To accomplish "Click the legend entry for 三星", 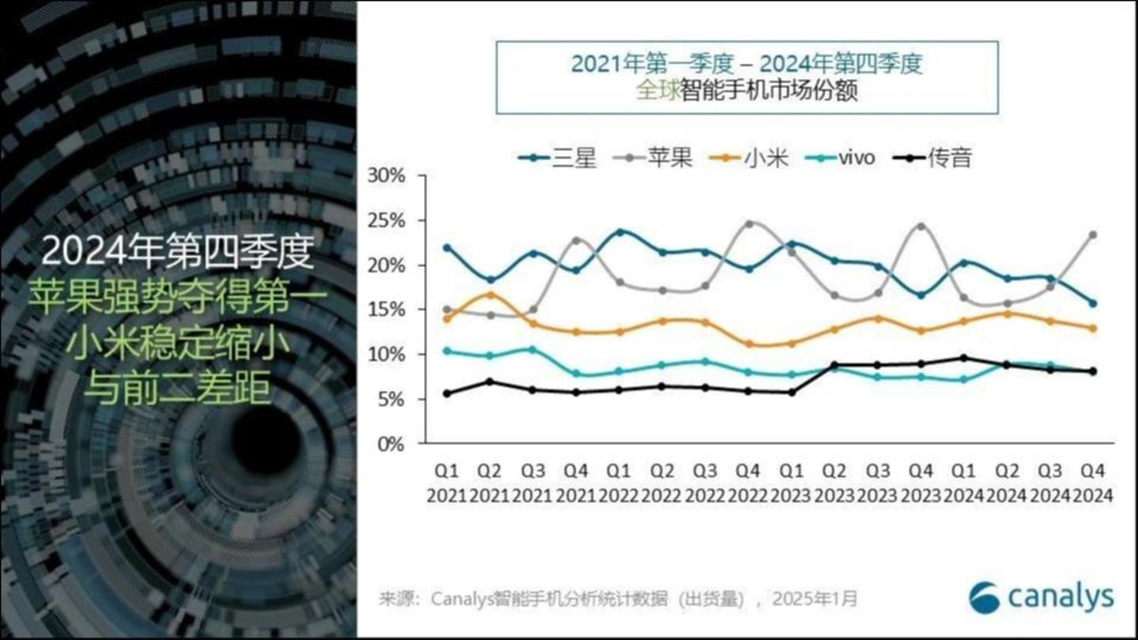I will coord(557,157).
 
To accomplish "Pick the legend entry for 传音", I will coord(932,157).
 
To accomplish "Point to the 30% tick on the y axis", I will coord(386,176).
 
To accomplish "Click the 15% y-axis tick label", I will coord(386,310).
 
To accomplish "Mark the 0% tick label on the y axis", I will coord(391,444).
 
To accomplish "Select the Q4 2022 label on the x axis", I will coord(748,483).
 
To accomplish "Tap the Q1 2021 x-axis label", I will coord(447,483).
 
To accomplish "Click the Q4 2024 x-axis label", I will coord(1093,483).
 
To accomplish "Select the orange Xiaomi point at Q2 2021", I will coord(490,295).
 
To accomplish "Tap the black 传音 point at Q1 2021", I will coord(447,393).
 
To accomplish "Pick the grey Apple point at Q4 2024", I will coord(1093,235).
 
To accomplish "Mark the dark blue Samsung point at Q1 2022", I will coord(620,232).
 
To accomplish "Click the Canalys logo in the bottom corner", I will coord(1041,597).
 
